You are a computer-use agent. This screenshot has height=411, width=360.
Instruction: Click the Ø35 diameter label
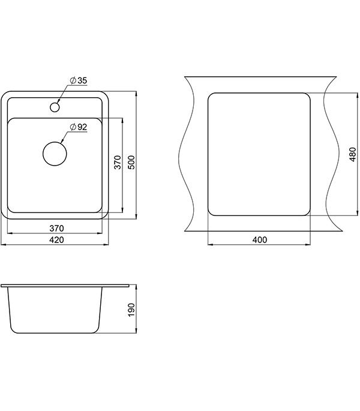(79, 80)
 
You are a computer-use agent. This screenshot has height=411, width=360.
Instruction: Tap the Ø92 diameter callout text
(79, 127)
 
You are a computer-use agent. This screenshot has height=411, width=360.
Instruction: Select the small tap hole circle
(55, 107)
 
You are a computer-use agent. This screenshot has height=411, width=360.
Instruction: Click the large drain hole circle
(55, 154)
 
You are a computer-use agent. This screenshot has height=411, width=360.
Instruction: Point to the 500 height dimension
(132, 162)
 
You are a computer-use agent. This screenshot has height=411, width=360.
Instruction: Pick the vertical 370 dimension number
(118, 162)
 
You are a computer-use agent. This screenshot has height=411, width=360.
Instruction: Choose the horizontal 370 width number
(56, 229)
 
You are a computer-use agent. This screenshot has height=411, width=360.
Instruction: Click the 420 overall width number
(56, 240)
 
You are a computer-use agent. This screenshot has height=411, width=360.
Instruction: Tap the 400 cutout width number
(260, 240)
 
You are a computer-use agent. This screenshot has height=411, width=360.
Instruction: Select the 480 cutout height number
(353, 154)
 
